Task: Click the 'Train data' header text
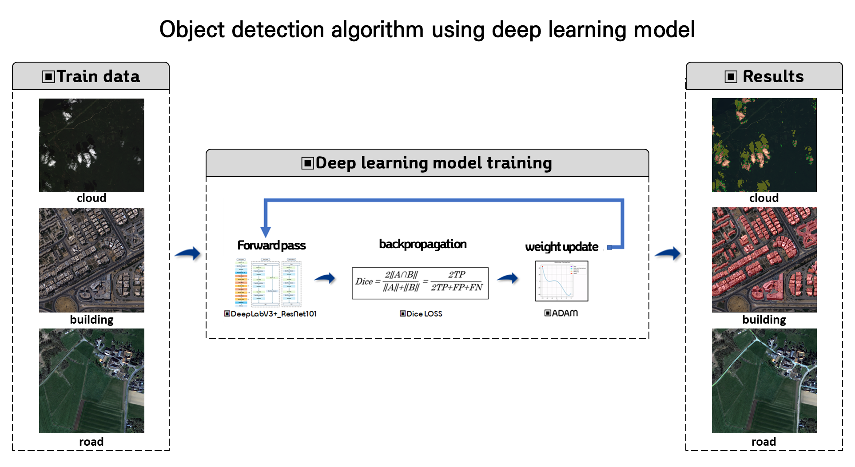tap(98, 76)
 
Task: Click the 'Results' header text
tap(773, 76)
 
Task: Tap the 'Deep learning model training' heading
tap(433, 163)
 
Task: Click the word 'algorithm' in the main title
tap(378, 30)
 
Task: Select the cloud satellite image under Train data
tap(91, 145)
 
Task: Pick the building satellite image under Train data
tap(91, 260)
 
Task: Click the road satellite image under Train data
tap(91, 380)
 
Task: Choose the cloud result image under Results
tap(764, 145)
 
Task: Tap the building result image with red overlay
tap(764, 260)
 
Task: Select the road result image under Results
tap(764, 380)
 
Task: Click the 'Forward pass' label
tap(271, 245)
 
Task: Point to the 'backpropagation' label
tap(422, 244)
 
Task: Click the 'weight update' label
tap(561, 247)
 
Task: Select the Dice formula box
tap(420, 283)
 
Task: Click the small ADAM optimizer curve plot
tap(561, 281)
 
